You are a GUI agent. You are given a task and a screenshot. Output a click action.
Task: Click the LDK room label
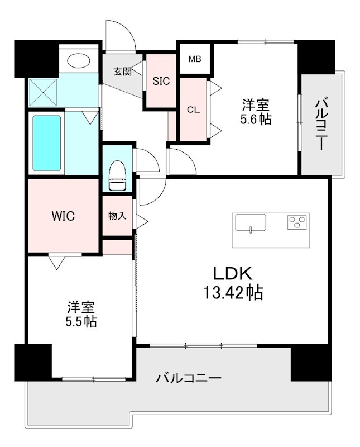(233, 274)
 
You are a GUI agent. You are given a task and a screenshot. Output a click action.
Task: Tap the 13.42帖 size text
(233, 293)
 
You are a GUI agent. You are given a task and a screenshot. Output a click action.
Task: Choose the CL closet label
(193, 110)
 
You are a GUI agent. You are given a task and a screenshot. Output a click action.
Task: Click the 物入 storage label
(117, 216)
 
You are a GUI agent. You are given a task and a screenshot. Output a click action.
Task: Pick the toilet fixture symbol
(117, 174)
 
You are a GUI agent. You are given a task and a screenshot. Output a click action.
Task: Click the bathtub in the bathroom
(46, 143)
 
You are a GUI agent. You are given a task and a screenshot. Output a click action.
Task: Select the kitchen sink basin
(250, 222)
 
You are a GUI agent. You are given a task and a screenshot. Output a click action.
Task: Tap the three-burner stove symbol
(298, 222)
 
